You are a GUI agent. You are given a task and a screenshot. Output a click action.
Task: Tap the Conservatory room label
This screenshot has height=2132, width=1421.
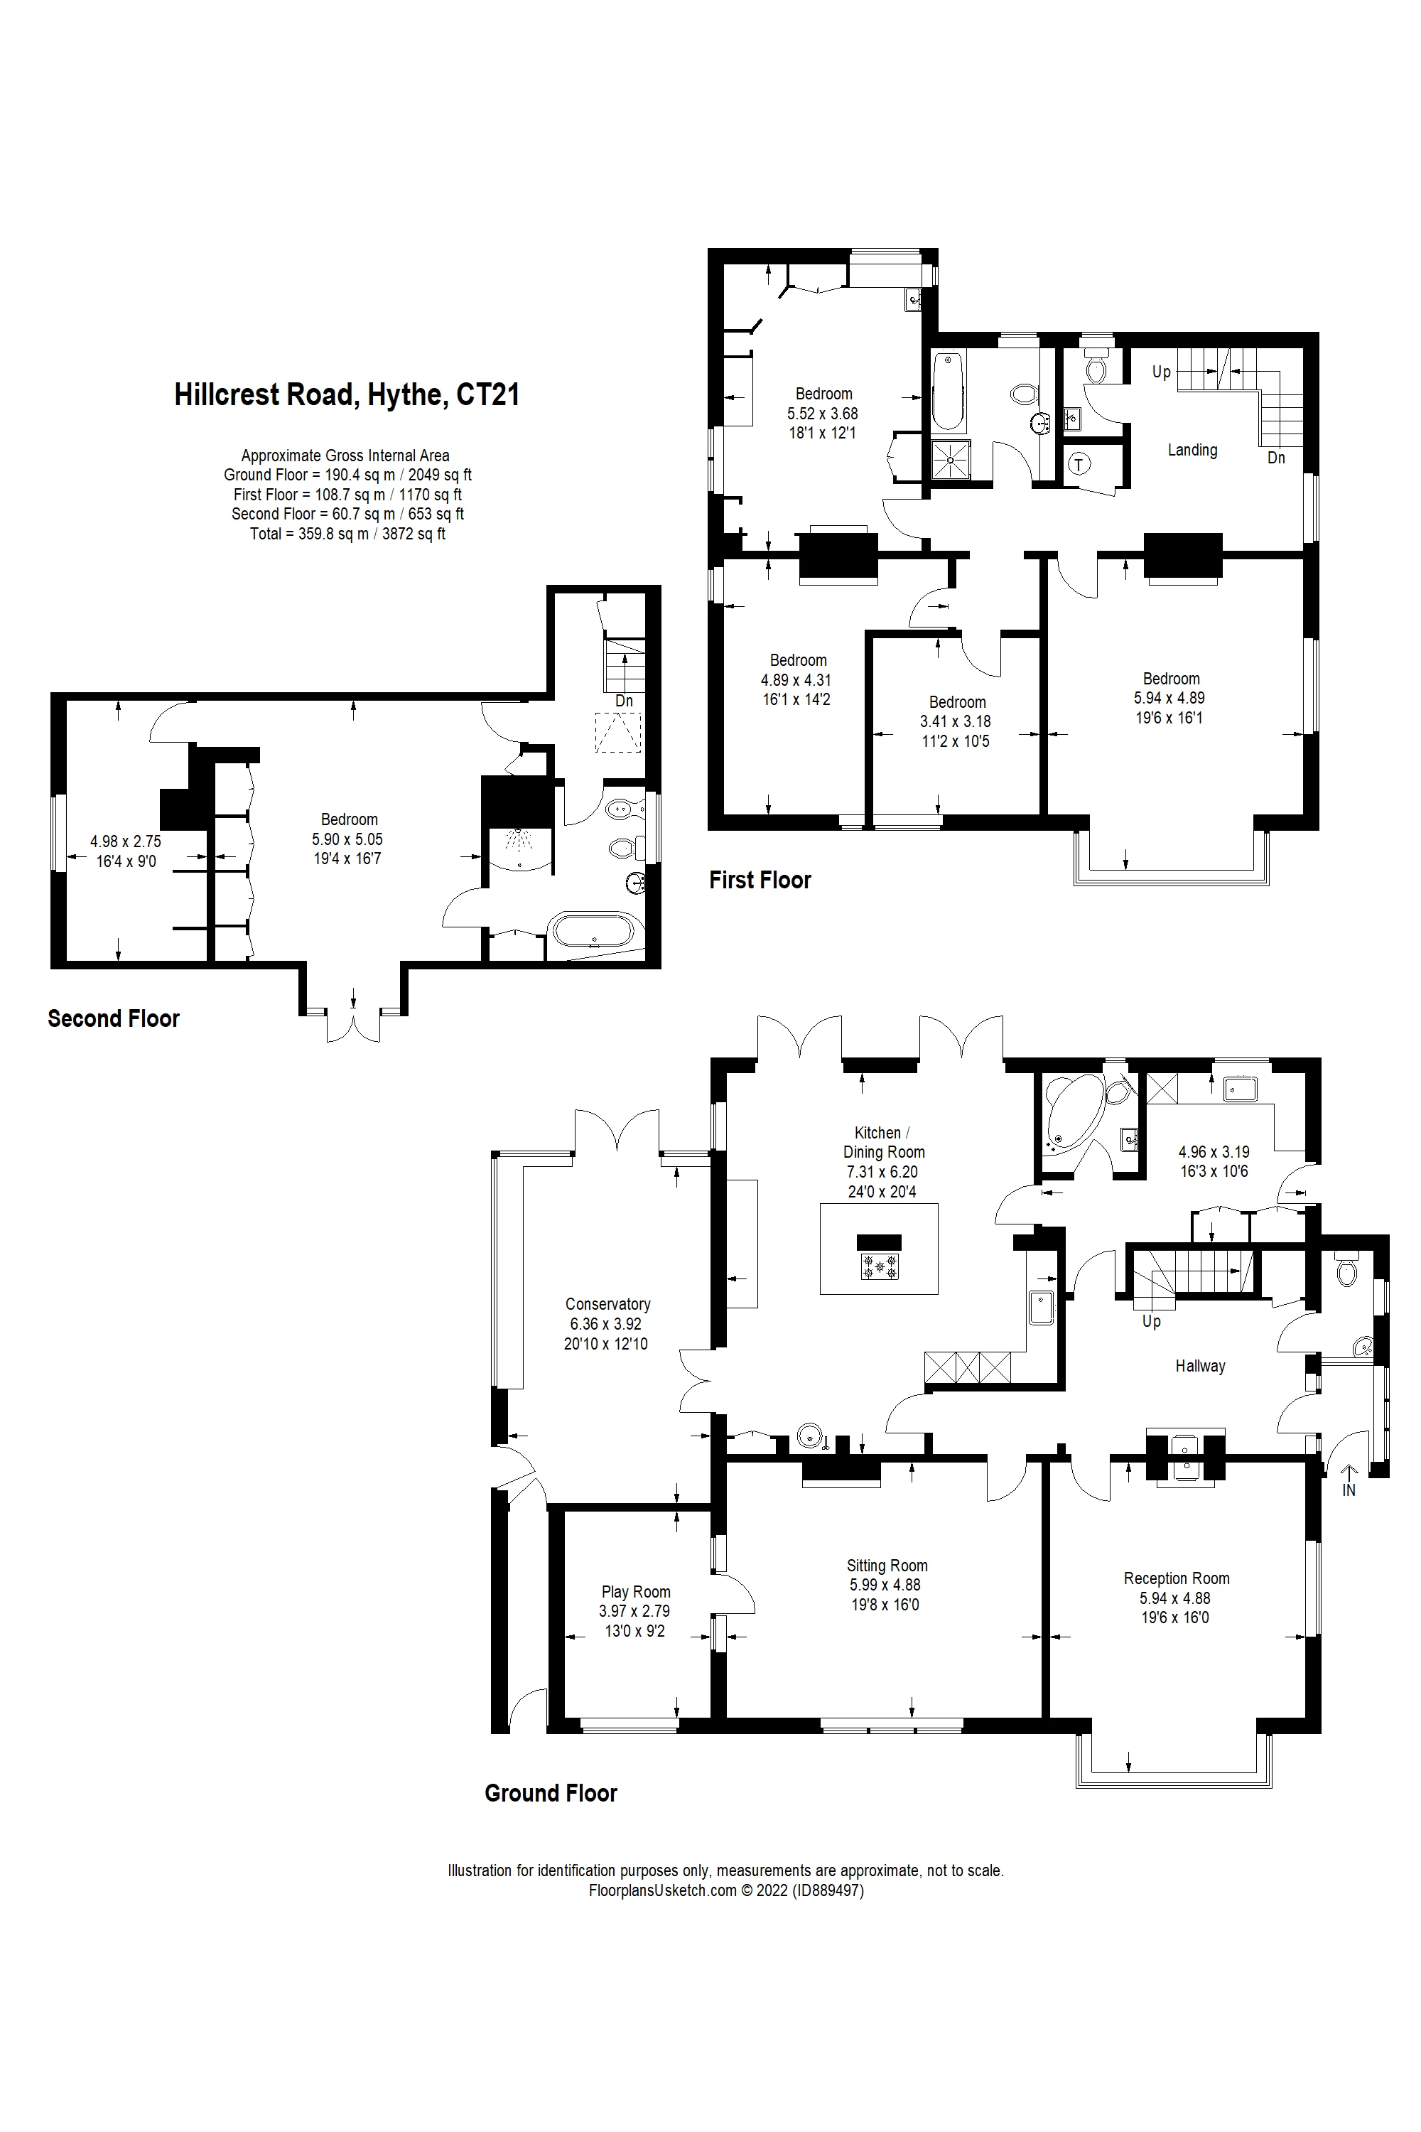(x=607, y=1303)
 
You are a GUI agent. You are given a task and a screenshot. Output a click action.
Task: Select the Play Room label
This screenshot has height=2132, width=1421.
(x=635, y=1592)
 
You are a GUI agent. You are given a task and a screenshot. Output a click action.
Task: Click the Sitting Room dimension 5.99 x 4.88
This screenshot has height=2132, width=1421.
(x=885, y=1585)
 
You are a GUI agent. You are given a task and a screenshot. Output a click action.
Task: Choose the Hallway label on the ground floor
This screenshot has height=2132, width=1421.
(x=1200, y=1366)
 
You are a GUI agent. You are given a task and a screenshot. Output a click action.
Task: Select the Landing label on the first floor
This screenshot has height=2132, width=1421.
(x=1192, y=450)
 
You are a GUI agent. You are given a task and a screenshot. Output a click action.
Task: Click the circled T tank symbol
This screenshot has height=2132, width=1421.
(x=1079, y=465)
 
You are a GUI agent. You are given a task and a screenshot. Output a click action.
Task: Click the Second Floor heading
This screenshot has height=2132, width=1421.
(x=113, y=1019)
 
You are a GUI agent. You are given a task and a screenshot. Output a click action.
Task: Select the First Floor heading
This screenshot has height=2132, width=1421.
(x=760, y=881)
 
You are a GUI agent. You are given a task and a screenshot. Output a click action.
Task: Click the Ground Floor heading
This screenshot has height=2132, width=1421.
(x=550, y=1793)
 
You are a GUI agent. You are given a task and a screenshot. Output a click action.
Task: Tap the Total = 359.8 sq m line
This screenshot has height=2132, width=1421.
(x=347, y=534)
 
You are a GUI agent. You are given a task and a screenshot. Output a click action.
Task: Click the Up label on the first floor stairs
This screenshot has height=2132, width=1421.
(x=1161, y=372)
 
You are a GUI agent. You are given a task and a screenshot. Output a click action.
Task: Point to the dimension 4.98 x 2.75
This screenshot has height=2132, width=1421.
(x=125, y=841)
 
